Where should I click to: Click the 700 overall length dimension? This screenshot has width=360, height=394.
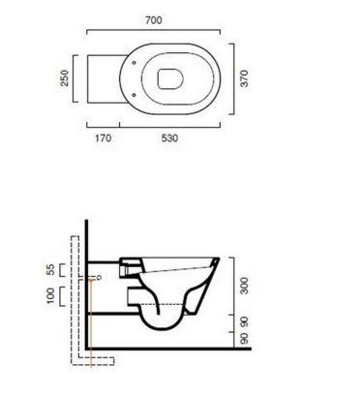pos(154,20)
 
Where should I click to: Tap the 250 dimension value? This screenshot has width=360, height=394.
pos(65,78)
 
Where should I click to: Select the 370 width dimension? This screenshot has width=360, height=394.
pos(245,78)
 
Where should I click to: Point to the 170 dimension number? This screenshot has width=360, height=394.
pos(104,138)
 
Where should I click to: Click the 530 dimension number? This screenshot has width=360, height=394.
pos(169,138)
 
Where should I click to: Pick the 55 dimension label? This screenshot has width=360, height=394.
pos(51,270)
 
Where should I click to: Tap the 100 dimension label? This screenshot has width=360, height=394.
pos(51,296)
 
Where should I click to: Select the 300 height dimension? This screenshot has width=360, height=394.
pos(245,286)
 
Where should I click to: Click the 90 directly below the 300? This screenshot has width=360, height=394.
pos(245,321)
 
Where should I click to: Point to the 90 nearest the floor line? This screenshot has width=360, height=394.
pos(245,339)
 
